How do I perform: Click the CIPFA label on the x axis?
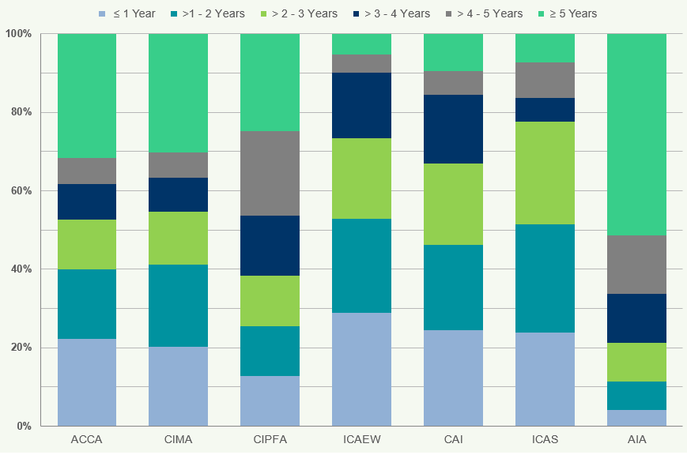270,440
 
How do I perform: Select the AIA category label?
636,440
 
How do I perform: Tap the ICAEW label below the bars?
361,440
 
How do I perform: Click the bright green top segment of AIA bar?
636,134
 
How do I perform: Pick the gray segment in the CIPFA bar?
270,173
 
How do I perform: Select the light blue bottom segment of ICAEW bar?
361,369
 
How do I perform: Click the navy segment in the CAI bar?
453,129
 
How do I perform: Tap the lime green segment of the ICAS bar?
545,173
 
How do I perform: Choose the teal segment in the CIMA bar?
178,306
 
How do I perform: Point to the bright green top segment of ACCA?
87,96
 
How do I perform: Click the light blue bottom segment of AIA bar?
636,418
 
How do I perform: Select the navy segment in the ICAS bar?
545,110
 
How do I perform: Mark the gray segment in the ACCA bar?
87,171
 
